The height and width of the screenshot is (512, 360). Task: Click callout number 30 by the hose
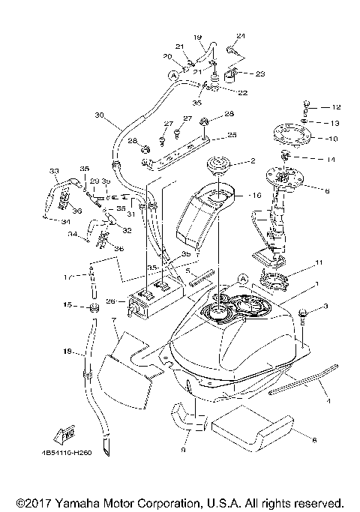tap(99, 115)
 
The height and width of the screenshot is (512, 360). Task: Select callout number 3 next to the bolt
tap(326, 307)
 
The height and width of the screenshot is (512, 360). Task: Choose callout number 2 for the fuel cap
tap(253, 160)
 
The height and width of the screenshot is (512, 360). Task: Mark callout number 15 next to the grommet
tap(67, 306)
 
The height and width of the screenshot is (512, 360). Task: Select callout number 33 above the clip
tap(54, 171)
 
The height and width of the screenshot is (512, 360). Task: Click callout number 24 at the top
tap(241, 36)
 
